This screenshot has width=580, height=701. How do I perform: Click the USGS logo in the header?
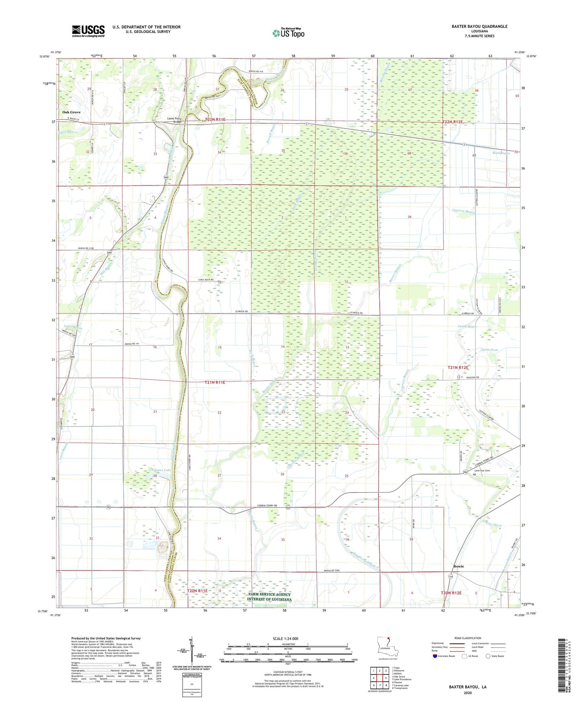(88, 31)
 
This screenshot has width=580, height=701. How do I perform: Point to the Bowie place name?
(458, 566)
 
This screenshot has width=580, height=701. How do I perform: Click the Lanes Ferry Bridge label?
(175, 120)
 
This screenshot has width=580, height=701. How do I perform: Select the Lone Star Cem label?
(482, 471)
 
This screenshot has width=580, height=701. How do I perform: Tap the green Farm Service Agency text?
(269, 597)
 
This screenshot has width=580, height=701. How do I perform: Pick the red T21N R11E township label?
(215, 383)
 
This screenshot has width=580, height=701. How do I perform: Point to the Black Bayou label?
(501, 153)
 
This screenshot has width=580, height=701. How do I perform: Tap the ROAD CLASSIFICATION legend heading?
(467, 638)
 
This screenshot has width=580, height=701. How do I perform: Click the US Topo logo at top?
(288, 33)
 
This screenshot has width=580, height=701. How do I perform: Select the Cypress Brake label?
(489, 350)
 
